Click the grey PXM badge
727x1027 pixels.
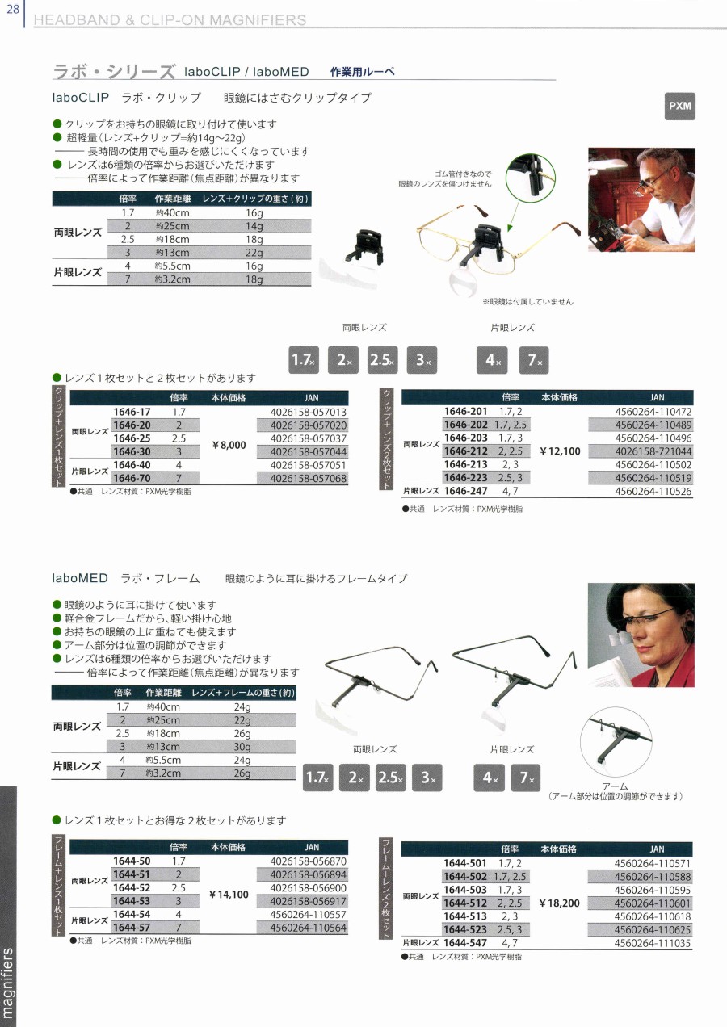tap(680, 107)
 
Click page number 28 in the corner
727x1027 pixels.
tap(12, 10)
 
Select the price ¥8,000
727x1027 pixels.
tap(229, 445)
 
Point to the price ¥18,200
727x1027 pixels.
tap(559, 903)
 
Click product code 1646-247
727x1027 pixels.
tap(465, 491)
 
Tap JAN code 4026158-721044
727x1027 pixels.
tap(653, 451)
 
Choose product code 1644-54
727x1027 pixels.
tap(132, 915)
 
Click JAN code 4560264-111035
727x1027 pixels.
tap(652, 944)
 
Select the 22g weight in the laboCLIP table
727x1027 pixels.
tap(254, 253)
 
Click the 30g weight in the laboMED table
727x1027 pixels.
tap(242, 747)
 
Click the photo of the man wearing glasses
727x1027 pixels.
tap(641, 199)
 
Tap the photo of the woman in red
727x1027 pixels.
tap(641, 635)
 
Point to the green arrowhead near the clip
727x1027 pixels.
tap(510, 228)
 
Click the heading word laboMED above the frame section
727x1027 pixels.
tap(80, 578)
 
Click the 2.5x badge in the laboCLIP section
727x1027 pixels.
tap(383, 360)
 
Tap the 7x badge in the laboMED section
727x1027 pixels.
tap(526, 778)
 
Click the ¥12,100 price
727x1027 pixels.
tap(560, 451)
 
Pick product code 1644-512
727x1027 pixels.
tap(465, 903)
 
